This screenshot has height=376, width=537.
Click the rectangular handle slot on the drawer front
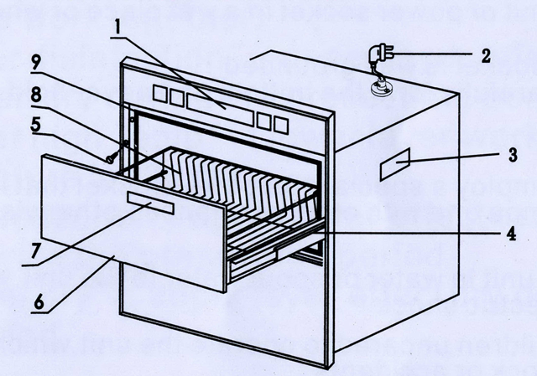point(151,202)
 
